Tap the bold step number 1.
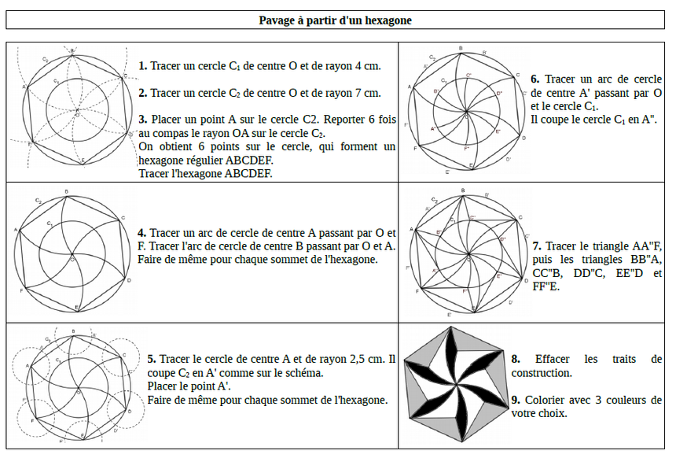[x=142, y=66]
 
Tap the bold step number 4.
[x=141, y=233]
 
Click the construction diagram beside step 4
[x=71, y=250]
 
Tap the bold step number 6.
[x=535, y=79]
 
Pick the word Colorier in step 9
[x=546, y=400]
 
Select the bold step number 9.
[x=515, y=400]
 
